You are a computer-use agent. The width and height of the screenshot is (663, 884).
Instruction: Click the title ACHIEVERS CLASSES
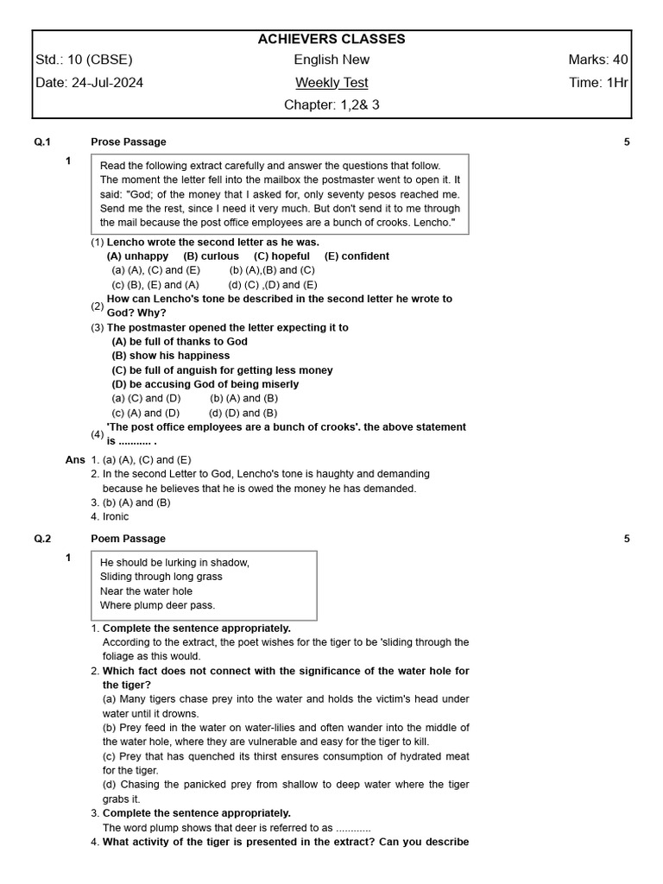point(331,39)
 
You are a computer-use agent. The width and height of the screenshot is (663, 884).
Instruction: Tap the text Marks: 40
point(597,60)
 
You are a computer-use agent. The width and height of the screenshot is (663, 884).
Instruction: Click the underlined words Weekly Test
point(331,83)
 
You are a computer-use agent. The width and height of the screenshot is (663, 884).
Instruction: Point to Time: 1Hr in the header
point(598,83)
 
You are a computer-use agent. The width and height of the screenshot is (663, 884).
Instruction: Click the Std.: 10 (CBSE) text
point(85,60)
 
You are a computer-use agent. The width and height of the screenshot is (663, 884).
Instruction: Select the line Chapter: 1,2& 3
point(331,105)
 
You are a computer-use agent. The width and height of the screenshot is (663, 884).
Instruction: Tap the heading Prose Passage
point(129,142)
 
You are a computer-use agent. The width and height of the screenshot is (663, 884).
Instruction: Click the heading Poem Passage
point(128,539)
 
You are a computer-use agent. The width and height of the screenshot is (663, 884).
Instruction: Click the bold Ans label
point(75,460)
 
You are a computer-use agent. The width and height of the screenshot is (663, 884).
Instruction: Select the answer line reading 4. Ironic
point(110,517)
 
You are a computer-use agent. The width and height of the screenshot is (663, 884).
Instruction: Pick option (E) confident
point(357,256)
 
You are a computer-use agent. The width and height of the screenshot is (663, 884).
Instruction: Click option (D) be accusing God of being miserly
point(205,384)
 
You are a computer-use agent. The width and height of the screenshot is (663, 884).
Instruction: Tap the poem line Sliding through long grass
point(161,577)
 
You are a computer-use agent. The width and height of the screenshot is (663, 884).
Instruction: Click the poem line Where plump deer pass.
point(157,605)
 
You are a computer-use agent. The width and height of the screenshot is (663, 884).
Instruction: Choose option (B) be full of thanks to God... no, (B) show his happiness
point(171,356)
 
